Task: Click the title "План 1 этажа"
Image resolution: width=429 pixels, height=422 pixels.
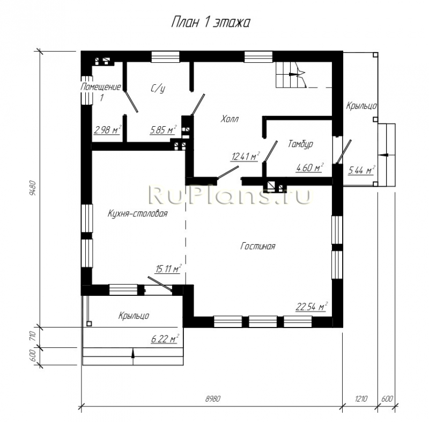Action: [210, 23]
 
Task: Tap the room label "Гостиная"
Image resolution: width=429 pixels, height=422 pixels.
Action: [258, 246]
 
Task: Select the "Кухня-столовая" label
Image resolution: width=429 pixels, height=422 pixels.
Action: [137, 214]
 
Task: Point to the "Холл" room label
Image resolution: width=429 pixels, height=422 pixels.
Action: [230, 119]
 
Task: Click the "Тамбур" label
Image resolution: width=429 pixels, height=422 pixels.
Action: [300, 144]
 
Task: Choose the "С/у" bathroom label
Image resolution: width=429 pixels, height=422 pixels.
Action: [158, 88]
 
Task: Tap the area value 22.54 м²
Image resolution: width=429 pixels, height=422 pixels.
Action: [312, 306]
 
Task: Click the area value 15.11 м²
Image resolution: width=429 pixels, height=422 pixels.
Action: [168, 268]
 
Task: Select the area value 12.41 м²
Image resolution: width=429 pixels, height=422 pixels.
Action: [246, 156]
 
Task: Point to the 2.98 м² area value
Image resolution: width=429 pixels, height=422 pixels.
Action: [107, 129]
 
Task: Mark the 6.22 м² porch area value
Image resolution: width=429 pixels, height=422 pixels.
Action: [165, 338]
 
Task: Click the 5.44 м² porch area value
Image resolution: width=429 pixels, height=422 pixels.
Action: [361, 170]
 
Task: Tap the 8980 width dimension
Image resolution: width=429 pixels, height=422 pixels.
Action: [212, 398]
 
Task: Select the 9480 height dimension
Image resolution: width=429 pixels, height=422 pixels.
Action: [33, 188]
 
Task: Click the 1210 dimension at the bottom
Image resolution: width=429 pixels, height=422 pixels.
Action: [361, 398]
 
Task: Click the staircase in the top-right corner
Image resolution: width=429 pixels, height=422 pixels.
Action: [291, 75]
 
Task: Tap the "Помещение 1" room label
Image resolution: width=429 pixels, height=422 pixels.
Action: [101, 92]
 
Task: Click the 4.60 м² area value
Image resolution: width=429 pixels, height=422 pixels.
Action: [310, 168]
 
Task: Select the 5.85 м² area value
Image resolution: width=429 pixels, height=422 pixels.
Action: [164, 129]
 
